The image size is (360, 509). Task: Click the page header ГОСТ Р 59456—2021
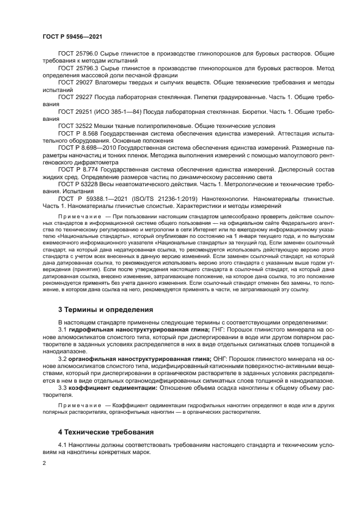click(x=72, y=36)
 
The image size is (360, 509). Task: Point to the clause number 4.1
click(x=63, y=446)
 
